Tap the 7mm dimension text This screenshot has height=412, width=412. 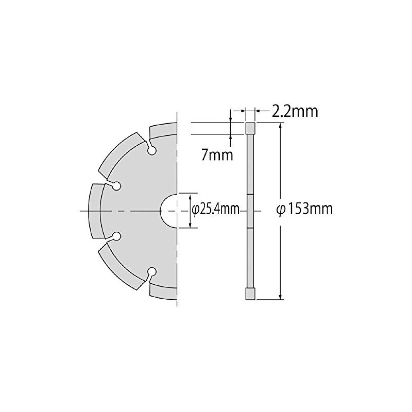tap(217, 154)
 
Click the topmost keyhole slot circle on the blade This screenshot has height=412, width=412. tap(152, 151)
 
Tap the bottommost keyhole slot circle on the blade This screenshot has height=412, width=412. tap(152, 271)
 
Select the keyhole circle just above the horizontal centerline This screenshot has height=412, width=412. tap(116, 185)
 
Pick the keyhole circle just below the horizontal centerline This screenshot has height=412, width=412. tap(116, 236)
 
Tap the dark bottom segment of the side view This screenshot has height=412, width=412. tap(250, 295)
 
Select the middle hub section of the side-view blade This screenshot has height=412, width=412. tap(250, 211)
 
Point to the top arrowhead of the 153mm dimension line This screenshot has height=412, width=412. tap(281, 127)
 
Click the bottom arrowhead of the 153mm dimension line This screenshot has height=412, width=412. tap(281, 296)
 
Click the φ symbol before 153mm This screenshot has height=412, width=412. tap(281, 210)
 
